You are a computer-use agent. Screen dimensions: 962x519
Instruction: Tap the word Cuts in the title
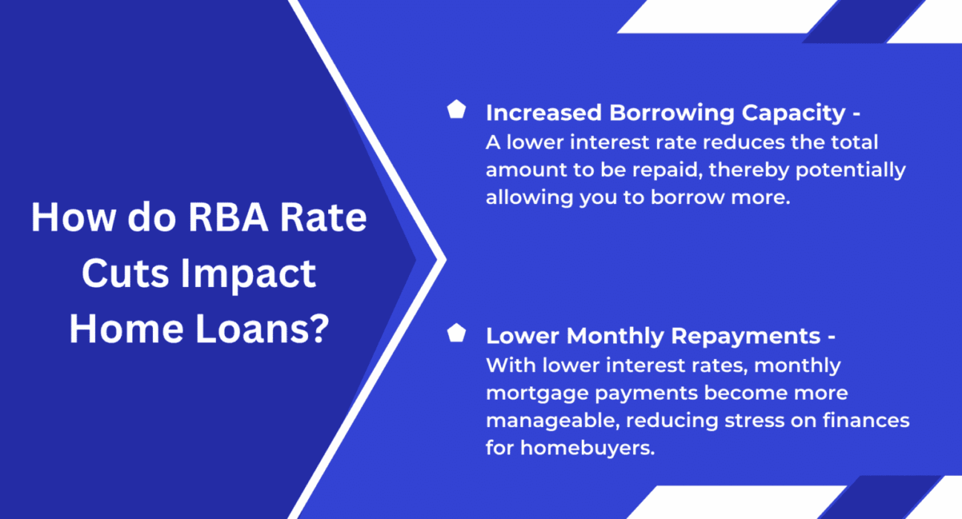pyautogui.click(x=125, y=274)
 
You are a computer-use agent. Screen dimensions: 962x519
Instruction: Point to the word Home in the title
pyautogui.click(x=126, y=329)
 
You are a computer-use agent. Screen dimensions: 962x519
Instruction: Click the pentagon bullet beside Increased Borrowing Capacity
pyautogui.click(x=456, y=110)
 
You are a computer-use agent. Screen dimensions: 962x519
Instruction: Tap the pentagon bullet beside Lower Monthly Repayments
pyautogui.click(x=456, y=333)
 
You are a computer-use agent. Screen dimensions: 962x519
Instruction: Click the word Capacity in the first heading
pyautogui.click(x=794, y=114)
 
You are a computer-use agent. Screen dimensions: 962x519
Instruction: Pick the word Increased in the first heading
pyautogui.click(x=543, y=113)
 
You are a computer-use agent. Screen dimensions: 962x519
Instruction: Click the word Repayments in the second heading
pyautogui.click(x=746, y=337)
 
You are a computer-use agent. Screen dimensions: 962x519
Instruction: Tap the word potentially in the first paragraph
pyautogui.click(x=851, y=171)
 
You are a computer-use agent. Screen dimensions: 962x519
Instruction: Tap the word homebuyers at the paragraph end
pyautogui.click(x=587, y=448)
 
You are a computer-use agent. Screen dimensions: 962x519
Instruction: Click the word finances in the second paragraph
pyautogui.click(x=866, y=420)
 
